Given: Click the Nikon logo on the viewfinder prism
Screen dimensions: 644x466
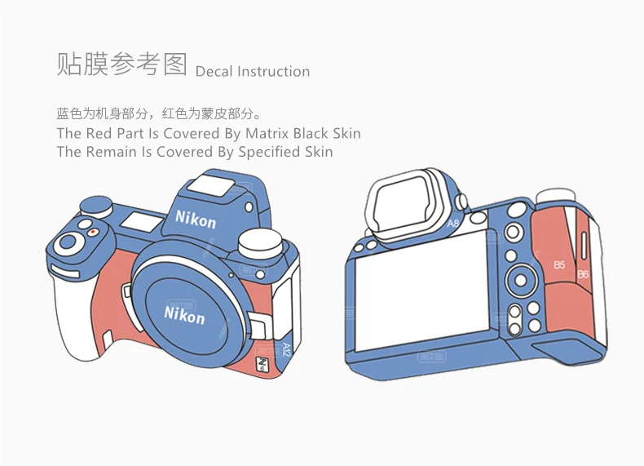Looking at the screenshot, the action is point(196,219).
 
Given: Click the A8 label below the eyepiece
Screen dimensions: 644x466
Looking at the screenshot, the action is point(454,221).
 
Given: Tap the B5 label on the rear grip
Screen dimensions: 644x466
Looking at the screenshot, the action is point(559,264).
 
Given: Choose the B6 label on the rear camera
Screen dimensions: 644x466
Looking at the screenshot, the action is point(583,274).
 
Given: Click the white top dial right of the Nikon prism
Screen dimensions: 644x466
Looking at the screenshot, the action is point(261,242).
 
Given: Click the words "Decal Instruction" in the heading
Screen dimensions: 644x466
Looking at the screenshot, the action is point(253,72).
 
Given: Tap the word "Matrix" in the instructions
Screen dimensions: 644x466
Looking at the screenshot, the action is point(268,133).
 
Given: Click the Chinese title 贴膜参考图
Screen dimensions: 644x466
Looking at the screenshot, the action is point(121,64).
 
